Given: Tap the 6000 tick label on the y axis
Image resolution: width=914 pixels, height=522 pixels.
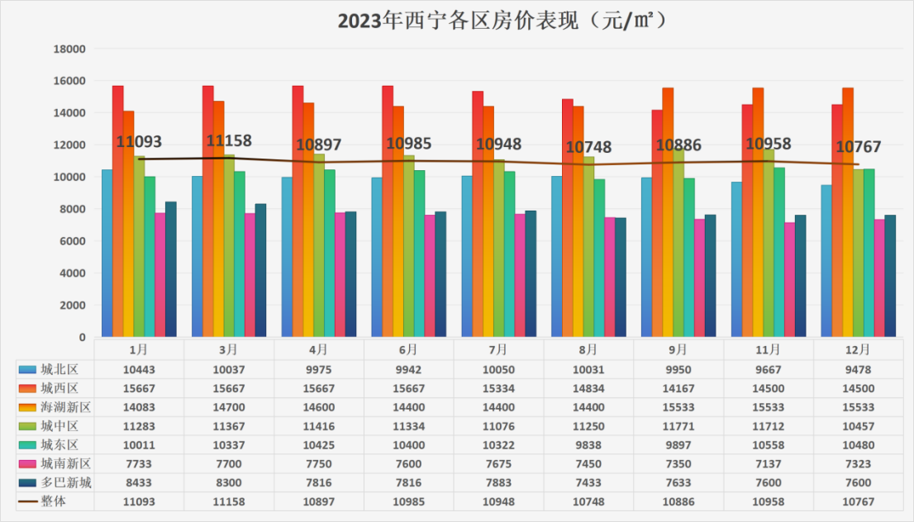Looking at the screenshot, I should [73, 241].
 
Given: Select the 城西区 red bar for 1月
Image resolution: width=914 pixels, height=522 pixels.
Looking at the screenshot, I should [118, 211].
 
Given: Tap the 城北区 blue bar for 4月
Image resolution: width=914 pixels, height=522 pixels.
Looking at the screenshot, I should [287, 256].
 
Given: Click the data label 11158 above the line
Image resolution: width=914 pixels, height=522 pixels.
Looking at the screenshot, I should [229, 140].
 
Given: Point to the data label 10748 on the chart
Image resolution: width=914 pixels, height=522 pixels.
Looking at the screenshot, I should [588, 147].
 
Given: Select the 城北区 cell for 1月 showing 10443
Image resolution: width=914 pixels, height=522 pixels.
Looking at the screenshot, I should [139, 369].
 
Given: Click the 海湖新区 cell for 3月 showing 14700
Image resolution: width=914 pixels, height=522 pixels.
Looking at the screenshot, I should [229, 407].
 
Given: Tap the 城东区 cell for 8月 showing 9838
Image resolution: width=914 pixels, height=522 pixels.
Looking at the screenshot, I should [588, 445].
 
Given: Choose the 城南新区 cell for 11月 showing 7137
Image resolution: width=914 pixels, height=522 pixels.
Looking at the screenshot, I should [769, 464].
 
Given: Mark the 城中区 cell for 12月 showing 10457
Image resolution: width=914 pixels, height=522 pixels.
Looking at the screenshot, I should [859, 426].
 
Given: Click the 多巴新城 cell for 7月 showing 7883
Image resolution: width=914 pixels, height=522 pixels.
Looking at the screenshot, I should [498, 483].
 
